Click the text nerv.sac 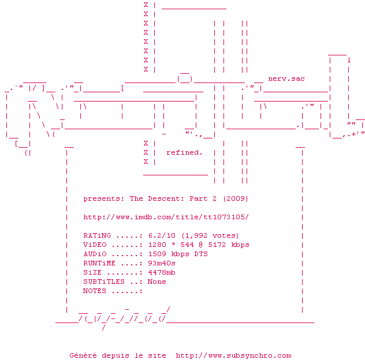point(286,78)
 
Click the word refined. point(184,152)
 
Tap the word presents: point(103,198)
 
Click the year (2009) point(236,198)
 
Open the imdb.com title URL point(166,217)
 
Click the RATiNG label point(97,235)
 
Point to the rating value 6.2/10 point(162,235)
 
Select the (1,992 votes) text point(210,235)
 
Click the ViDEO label point(95,245)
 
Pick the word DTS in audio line point(201,254)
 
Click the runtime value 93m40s point(162,263)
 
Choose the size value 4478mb point(162,272)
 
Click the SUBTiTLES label point(104,282)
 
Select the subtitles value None point(157,282)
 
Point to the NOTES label point(95,291)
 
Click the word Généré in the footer point(83,355)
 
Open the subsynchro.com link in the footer point(233,355)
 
